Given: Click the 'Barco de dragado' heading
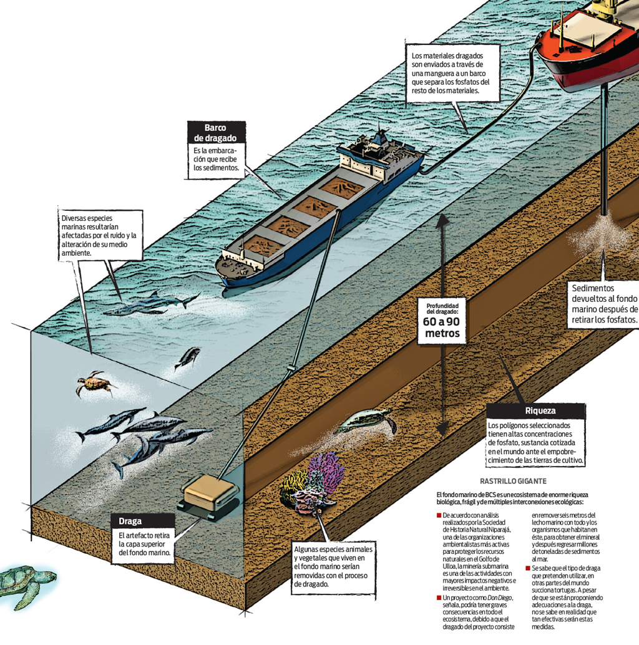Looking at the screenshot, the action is click(x=217, y=132).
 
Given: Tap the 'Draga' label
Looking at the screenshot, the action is click(x=130, y=521).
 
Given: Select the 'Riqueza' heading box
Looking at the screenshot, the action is click(x=535, y=410).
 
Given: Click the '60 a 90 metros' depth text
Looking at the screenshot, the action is click(x=442, y=327).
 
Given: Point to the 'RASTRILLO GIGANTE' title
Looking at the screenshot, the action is click(x=513, y=482).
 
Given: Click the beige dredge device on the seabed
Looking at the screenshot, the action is click(x=210, y=497).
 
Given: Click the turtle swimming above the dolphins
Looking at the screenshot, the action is click(x=94, y=384).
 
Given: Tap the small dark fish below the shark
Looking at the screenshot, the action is click(x=188, y=357).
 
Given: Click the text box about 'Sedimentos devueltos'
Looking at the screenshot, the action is click(x=604, y=304).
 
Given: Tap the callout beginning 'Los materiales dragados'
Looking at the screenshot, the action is click(x=452, y=73).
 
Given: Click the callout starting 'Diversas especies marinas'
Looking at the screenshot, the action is click(x=100, y=235).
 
